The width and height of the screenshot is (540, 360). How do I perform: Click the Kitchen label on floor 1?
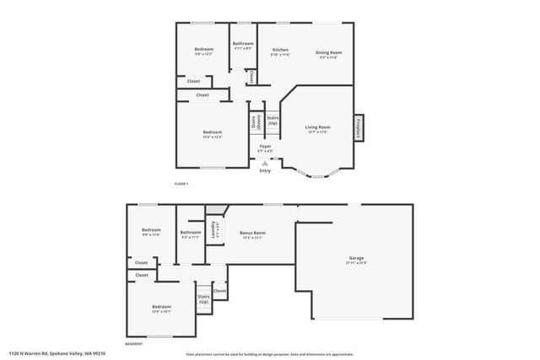pos(280,50)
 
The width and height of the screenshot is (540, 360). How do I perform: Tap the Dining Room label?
pos(328,51)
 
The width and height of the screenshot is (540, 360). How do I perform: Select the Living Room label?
pos(317,126)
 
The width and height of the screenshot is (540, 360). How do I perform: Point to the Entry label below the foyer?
pos(265,170)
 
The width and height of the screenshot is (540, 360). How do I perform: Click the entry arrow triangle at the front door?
pos(265,163)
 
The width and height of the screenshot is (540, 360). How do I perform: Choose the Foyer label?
pos(265,146)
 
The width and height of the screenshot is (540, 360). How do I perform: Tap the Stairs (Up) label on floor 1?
pos(273,121)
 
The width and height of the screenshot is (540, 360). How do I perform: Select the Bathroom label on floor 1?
pos(243,43)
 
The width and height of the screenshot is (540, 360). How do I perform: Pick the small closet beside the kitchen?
pos(251,77)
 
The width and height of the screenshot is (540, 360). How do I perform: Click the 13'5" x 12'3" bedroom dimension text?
pos(212,137)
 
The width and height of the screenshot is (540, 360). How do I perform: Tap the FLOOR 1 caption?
pos(181,183)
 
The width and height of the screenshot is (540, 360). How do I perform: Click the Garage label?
pos(357,257)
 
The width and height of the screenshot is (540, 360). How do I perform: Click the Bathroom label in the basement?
pos(191,232)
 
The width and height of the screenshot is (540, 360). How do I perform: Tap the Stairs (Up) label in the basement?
pos(203,298)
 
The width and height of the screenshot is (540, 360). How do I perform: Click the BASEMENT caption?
pos(134,344)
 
